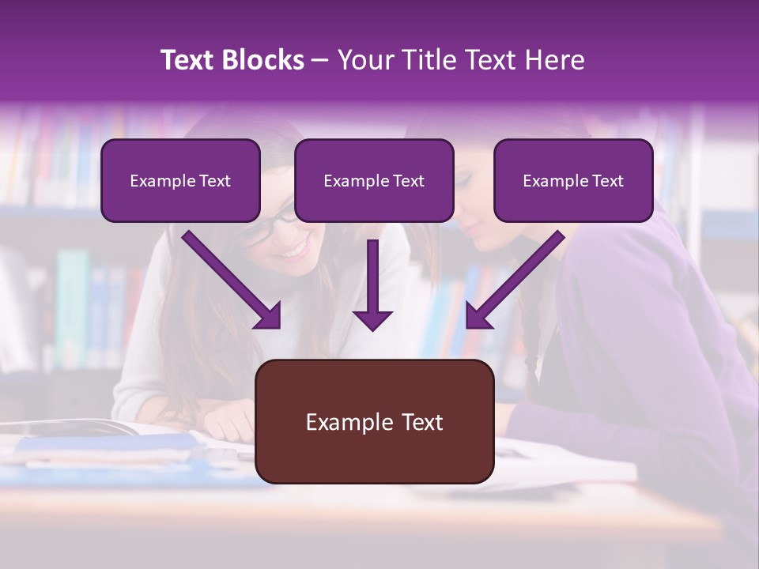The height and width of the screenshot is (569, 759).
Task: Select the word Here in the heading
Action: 553,60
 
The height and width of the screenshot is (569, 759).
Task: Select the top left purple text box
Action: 180,181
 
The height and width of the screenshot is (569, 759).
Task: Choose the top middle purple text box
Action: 374,181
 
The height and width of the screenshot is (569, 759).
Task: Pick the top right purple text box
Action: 573,181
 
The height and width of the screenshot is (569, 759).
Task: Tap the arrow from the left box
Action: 229,277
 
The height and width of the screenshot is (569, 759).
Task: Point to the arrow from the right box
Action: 517,277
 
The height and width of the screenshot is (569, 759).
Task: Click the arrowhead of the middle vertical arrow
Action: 372,319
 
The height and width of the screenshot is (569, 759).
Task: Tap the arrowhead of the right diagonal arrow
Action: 478,316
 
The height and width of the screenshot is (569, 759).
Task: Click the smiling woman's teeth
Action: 294,252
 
